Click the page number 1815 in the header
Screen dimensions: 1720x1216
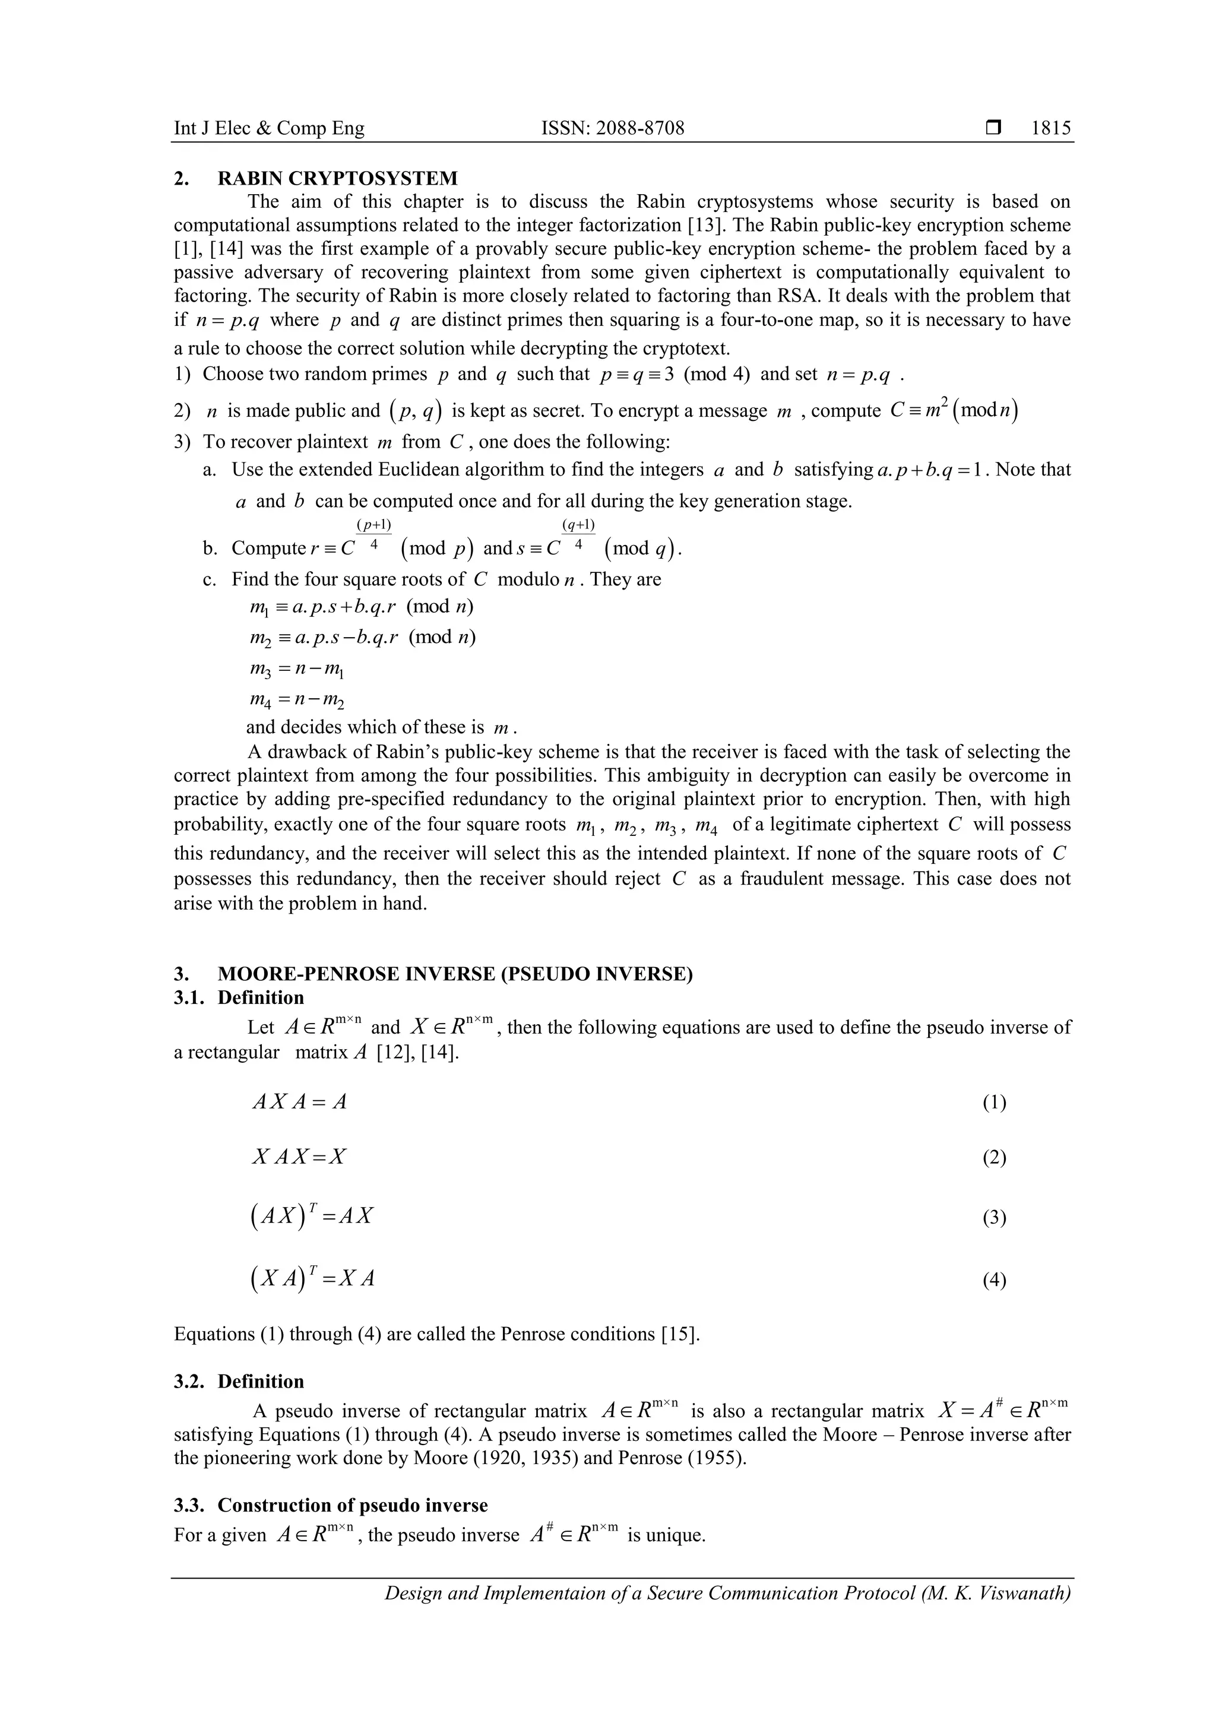1050,128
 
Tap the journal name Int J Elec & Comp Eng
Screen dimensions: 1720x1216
269,128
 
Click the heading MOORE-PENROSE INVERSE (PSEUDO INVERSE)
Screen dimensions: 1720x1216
455,974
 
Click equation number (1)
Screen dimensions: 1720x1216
994,1102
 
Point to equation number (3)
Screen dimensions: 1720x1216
994,1217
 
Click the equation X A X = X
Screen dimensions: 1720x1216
299,1157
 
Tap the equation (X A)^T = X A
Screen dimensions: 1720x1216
312,1278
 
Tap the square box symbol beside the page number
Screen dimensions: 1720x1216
993,128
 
